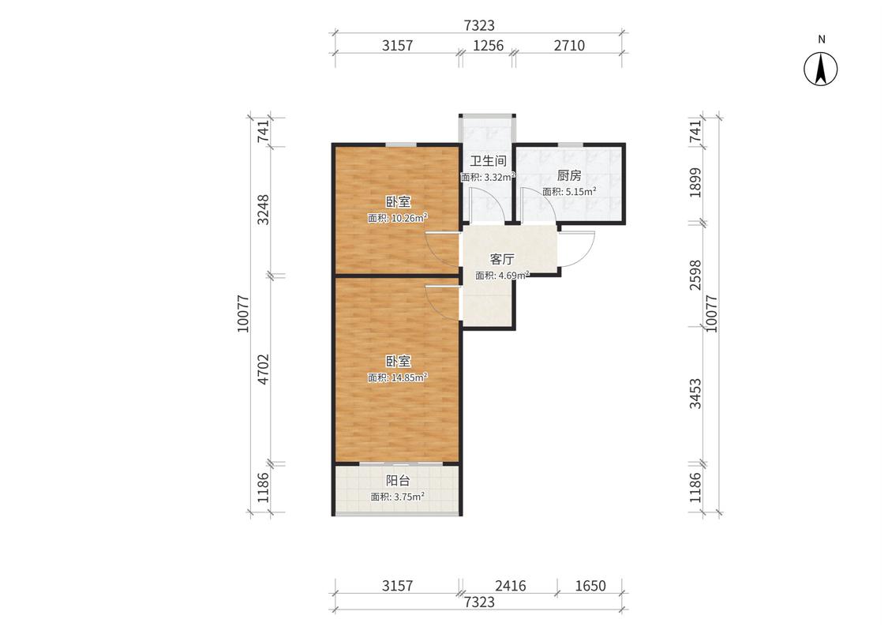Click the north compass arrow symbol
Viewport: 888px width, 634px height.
(x=821, y=69)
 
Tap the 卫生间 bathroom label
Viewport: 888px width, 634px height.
(x=488, y=161)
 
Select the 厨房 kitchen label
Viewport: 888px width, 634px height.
(x=568, y=175)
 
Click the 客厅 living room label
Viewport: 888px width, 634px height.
(x=502, y=260)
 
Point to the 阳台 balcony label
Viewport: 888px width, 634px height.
(x=398, y=481)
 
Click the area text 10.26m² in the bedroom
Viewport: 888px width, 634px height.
(x=408, y=218)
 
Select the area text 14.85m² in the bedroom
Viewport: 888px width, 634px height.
(x=408, y=377)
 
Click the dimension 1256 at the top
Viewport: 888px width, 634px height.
(x=488, y=45)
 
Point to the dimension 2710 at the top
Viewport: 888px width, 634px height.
(x=569, y=45)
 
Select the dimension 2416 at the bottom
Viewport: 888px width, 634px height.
(x=510, y=586)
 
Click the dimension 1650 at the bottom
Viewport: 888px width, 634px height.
(x=590, y=586)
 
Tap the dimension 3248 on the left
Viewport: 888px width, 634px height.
(x=264, y=210)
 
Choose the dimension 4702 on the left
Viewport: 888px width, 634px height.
(x=264, y=370)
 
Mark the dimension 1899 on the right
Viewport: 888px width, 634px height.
(x=695, y=182)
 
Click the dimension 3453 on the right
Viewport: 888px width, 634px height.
(x=695, y=394)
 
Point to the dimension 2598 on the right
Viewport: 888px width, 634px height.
(x=695, y=275)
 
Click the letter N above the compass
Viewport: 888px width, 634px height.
(x=821, y=39)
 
